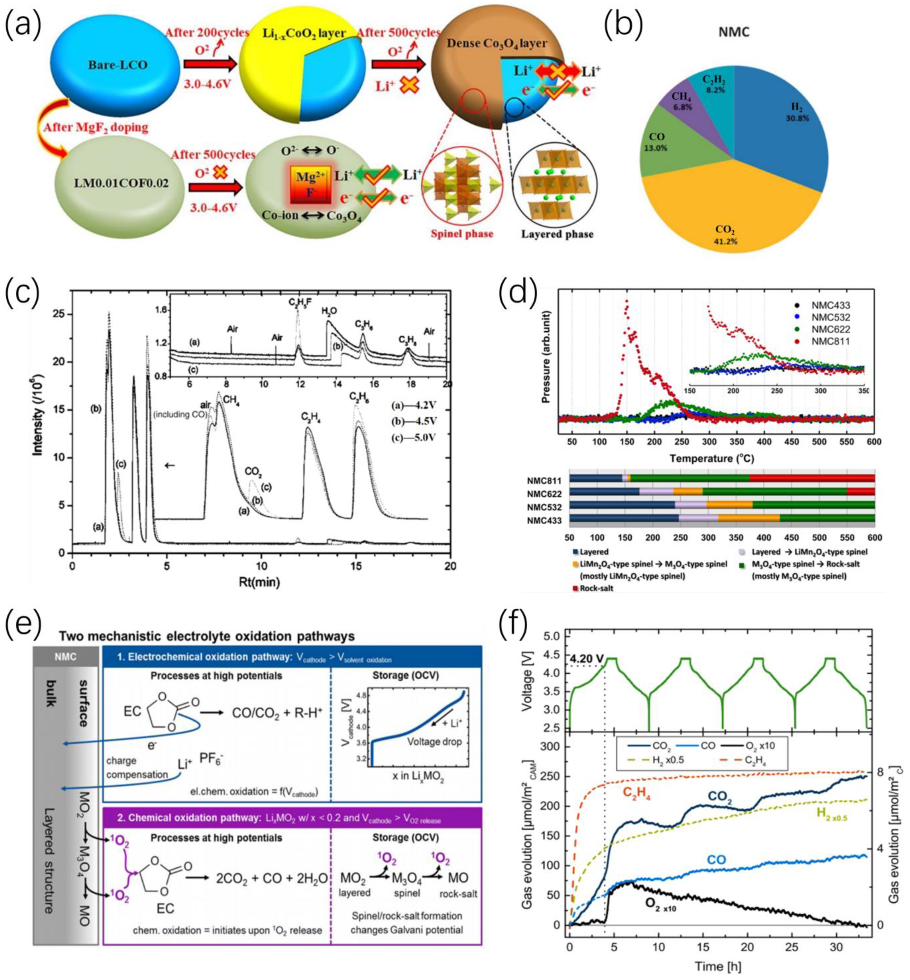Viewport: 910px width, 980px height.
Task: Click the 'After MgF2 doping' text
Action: pyautogui.click(x=96, y=127)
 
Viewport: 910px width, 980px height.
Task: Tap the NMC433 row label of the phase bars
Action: pyautogui.click(x=544, y=520)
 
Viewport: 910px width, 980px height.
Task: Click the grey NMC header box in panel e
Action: pyautogui.click(x=66, y=657)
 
